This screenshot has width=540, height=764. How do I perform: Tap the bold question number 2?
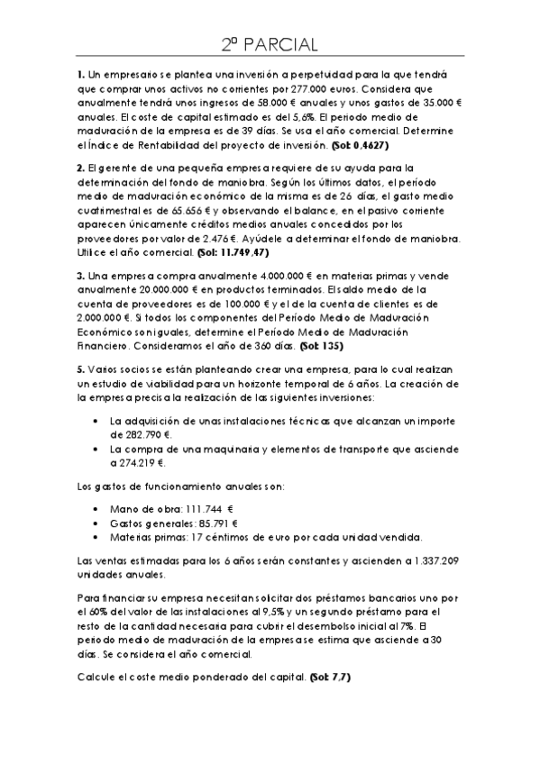pos(80,168)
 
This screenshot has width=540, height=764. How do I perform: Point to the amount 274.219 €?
pos(137,463)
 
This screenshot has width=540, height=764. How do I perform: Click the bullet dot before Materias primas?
pos(96,538)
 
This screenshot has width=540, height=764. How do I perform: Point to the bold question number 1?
pos(80,73)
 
